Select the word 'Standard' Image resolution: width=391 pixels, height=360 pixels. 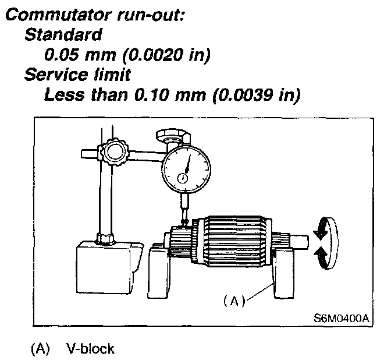(63, 35)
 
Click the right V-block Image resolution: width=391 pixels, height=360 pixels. (285, 274)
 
